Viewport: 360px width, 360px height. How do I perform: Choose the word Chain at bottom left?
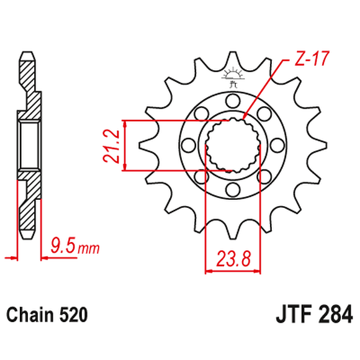tap(32, 314)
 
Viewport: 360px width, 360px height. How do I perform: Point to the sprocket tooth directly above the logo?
tap(233, 56)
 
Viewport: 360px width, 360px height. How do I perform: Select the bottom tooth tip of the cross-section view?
tap(26, 233)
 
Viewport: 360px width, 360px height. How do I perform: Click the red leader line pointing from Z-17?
tap(267, 86)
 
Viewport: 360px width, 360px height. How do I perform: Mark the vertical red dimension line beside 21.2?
tap(126, 145)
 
